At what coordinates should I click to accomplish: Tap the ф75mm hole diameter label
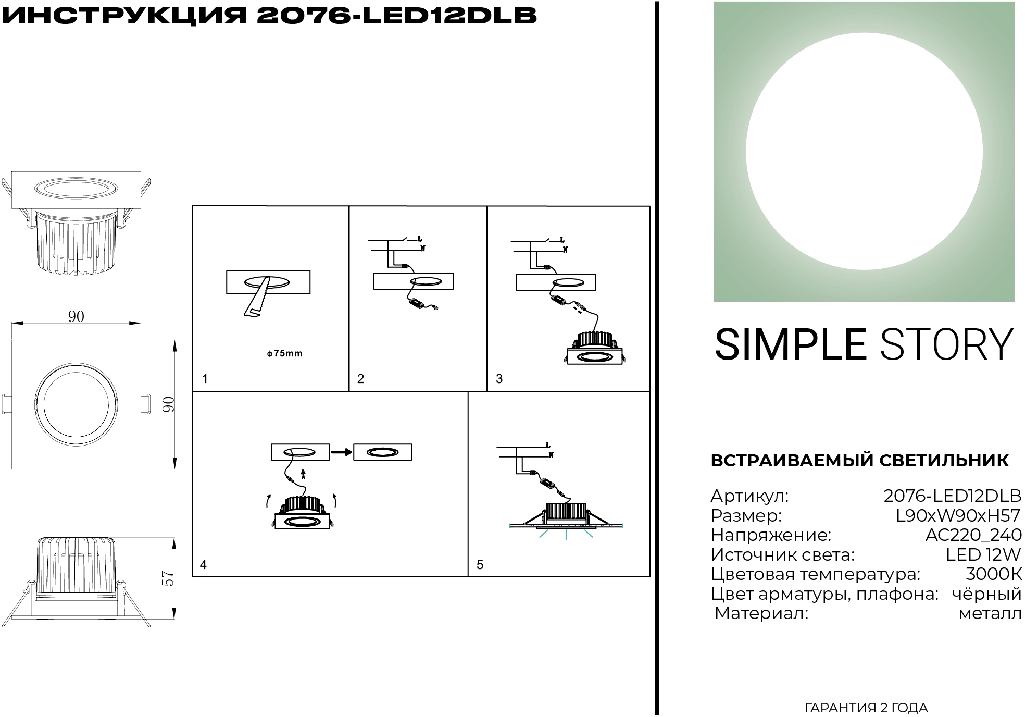[284, 353]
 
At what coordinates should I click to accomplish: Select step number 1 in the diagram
[205, 379]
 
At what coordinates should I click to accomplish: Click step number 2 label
[360, 379]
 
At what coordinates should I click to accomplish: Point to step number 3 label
[499, 379]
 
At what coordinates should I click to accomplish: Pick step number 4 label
[203, 565]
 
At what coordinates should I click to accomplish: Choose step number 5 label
[480, 565]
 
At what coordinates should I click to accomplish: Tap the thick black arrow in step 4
[342, 452]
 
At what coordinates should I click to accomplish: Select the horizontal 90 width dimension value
[76, 316]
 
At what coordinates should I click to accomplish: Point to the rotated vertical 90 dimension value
[168, 404]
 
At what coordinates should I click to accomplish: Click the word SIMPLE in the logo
[791, 345]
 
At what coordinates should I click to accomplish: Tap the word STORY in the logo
[947, 345]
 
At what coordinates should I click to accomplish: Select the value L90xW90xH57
[958, 516]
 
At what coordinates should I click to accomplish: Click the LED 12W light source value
[983, 555]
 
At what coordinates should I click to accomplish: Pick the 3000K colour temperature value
[994, 574]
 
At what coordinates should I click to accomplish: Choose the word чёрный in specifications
[987, 594]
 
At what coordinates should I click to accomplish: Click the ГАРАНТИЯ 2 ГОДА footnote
[867, 708]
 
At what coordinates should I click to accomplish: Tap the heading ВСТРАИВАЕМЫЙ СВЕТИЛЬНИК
[860, 461]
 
